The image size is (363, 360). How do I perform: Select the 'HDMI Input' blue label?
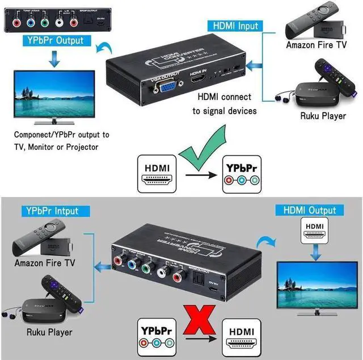[x=236, y=26]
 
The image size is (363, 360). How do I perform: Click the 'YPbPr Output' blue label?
[x=54, y=40]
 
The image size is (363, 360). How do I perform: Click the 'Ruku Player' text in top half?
[x=323, y=116]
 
